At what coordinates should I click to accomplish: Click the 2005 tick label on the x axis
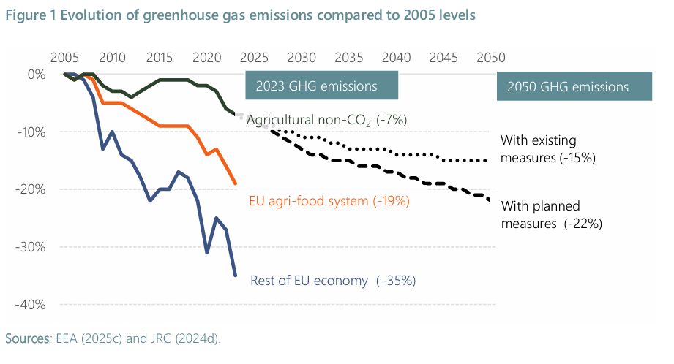pyautogui.click(x=65, y=58)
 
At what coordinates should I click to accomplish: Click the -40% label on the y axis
pyautogui.click(x=33, y=304)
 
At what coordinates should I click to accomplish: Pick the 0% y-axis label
pyautogui.click(x=38, y=74)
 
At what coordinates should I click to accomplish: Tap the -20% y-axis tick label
pyautogui.click(x=33, y=189)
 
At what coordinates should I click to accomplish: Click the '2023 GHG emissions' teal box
pyautogui.click(x=322, y=86)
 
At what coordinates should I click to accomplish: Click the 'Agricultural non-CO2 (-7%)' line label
pyautogui.click(x=326, y=120)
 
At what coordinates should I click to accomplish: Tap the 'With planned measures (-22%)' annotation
pyautogui.click(x=550, y=215)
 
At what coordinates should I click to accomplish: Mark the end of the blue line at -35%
pyautogui.click(x=235, y=275)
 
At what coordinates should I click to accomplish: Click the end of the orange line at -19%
pyautogui.click(x=235, y=183)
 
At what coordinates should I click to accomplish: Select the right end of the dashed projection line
pyautogui.click(x=490, y=200)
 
